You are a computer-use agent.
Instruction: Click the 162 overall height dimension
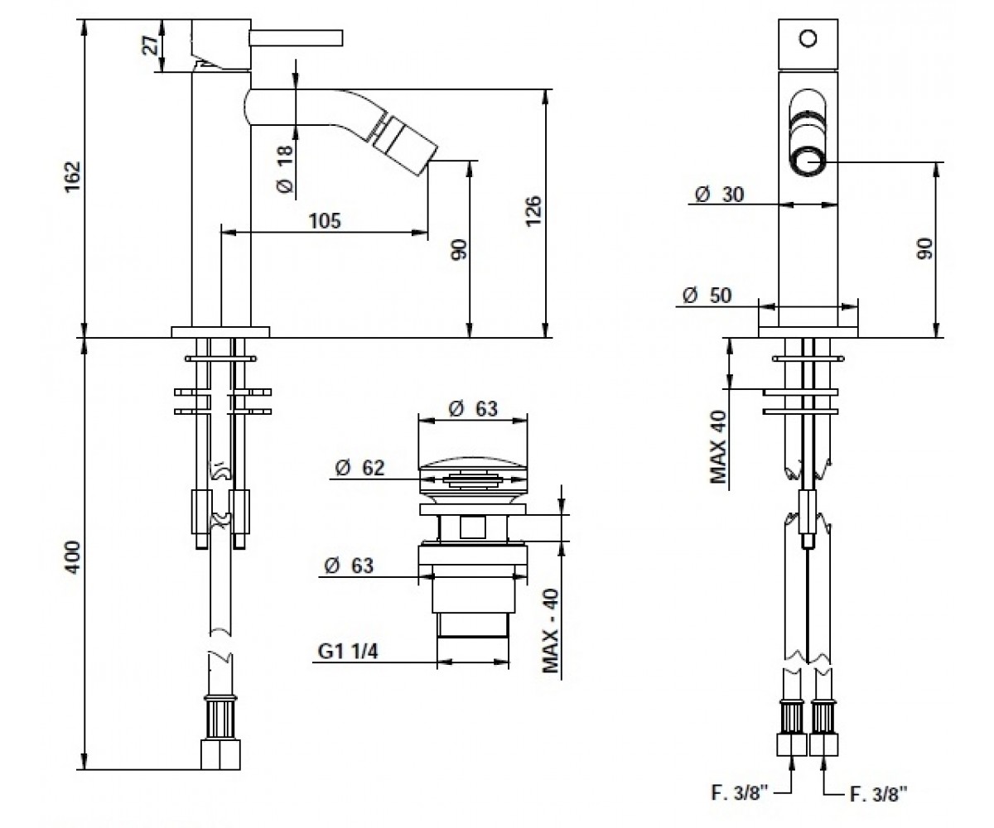[73, 176]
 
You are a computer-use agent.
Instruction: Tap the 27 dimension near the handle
[151, 46]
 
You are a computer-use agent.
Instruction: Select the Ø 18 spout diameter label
[285, 170]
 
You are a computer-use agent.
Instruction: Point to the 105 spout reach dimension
[325, 221]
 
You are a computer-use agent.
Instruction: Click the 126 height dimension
[533, 211]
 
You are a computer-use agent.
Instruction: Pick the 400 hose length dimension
[72, 557]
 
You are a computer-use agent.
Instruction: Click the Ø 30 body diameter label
[719, 194]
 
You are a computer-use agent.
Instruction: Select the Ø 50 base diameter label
[707, 296]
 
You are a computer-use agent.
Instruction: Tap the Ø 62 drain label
[359, 468]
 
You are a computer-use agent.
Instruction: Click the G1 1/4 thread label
[348, 652]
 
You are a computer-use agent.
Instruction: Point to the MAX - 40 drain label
[551, 630]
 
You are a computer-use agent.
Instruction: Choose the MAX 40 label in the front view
[719, 447]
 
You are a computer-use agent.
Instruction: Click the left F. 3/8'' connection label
[740, 792]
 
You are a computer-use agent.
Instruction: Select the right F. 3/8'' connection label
[878, 794]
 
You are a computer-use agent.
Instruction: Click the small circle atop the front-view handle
[808, 39]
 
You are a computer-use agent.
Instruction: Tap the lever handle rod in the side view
[297, 39]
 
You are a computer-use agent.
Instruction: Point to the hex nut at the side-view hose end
[220, 754]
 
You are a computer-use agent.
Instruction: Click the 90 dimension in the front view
[924, 249]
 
